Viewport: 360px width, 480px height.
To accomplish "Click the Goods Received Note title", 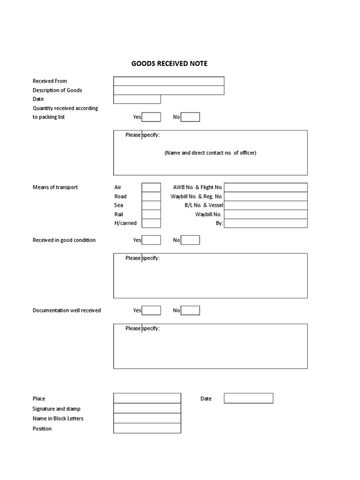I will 169,63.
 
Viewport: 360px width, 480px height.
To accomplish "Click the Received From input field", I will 169,81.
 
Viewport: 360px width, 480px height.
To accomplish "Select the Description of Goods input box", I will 169,90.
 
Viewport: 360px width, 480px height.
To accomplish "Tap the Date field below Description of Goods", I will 137,99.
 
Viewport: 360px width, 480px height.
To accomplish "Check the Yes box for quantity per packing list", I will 151,117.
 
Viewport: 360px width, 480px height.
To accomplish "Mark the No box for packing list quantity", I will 190,117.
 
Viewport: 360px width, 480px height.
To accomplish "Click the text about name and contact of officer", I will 210,153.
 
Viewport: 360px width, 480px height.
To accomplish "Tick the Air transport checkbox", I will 151,187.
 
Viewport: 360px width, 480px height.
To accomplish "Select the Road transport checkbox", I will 151,196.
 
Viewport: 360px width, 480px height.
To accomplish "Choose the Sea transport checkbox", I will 151,205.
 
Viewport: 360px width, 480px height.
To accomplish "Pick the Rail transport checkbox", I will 151,214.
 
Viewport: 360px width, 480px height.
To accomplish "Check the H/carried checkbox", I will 151,223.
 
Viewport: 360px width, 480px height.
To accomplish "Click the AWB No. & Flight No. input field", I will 266,187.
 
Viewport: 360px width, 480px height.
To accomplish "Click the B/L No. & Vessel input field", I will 266,205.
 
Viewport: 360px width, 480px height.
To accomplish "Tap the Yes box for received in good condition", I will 151,240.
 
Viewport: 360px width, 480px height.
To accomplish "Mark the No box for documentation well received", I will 190,310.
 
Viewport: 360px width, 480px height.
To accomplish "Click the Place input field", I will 147,398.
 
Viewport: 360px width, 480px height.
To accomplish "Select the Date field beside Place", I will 248,398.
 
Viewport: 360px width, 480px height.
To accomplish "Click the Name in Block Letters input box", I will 147,418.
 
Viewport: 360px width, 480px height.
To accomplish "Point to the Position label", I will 42,428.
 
